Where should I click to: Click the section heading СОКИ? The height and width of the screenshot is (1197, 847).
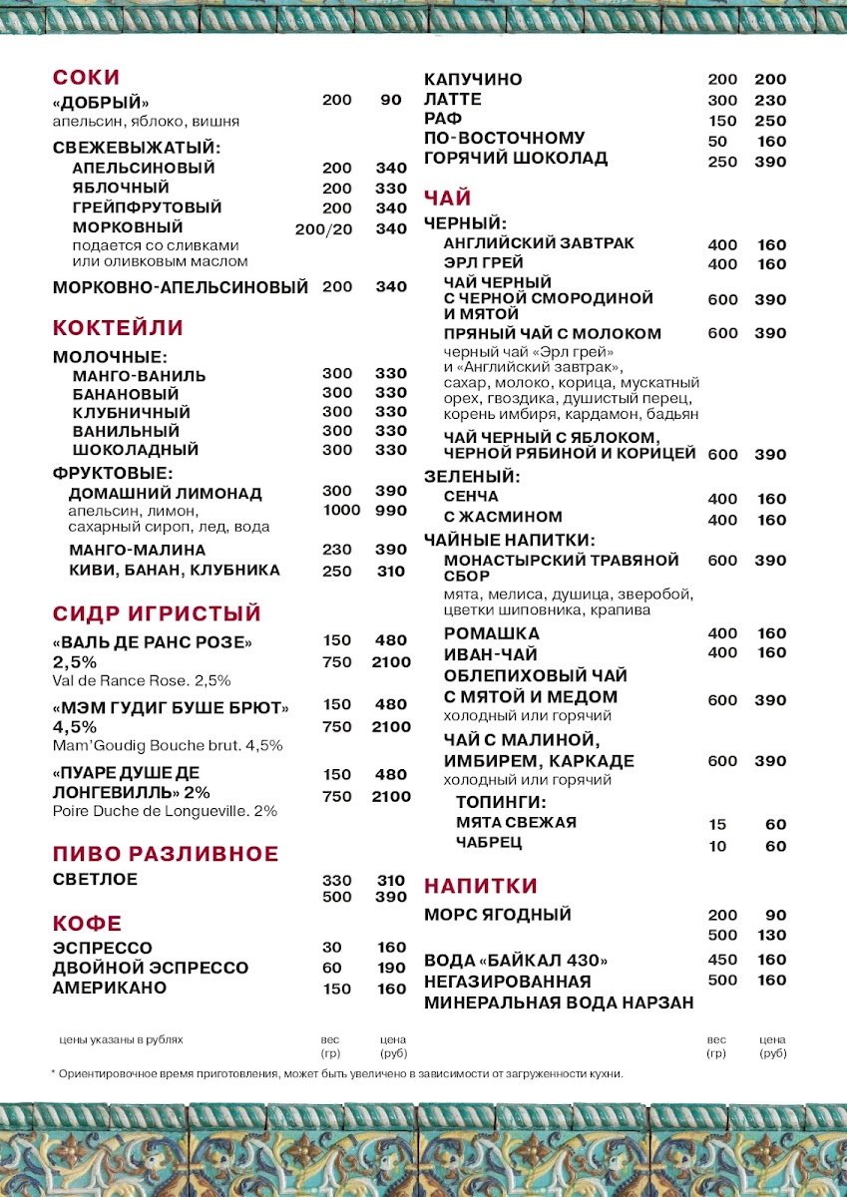tap(86, 78)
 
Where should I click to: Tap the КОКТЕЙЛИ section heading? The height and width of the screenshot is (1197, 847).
tap(118, 328)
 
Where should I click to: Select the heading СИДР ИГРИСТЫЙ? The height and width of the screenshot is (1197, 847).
tap(157, 612)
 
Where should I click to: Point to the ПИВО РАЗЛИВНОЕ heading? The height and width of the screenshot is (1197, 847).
tap(166, 854)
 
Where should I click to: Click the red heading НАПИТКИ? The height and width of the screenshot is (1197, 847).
tap(481, 886)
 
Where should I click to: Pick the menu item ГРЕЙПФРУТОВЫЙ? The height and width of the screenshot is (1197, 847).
tap(147, 207)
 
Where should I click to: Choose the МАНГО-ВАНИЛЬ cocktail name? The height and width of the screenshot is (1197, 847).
tap(140, 376)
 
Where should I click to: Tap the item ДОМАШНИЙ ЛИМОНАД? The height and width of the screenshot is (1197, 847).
tap(166, 493)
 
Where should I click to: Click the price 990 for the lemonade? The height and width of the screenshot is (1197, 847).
tap(391, 511)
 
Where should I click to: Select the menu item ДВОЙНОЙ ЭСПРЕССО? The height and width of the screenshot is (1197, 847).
tap(151, 968)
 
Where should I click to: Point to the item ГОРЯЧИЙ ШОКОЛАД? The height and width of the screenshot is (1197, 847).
tap(516, 159)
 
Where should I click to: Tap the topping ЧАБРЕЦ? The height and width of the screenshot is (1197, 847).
tap(489, 843)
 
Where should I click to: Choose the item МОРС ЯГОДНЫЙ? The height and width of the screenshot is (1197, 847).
tap(498, 915)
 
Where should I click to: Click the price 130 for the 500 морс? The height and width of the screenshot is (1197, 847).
tap(770, 936)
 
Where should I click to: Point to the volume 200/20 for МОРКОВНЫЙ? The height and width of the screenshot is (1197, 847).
tap(324, 228)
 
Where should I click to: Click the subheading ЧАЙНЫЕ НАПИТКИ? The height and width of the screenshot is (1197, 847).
tap(509, 540)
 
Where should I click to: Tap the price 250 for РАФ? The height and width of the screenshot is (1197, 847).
tap(770, 121)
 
